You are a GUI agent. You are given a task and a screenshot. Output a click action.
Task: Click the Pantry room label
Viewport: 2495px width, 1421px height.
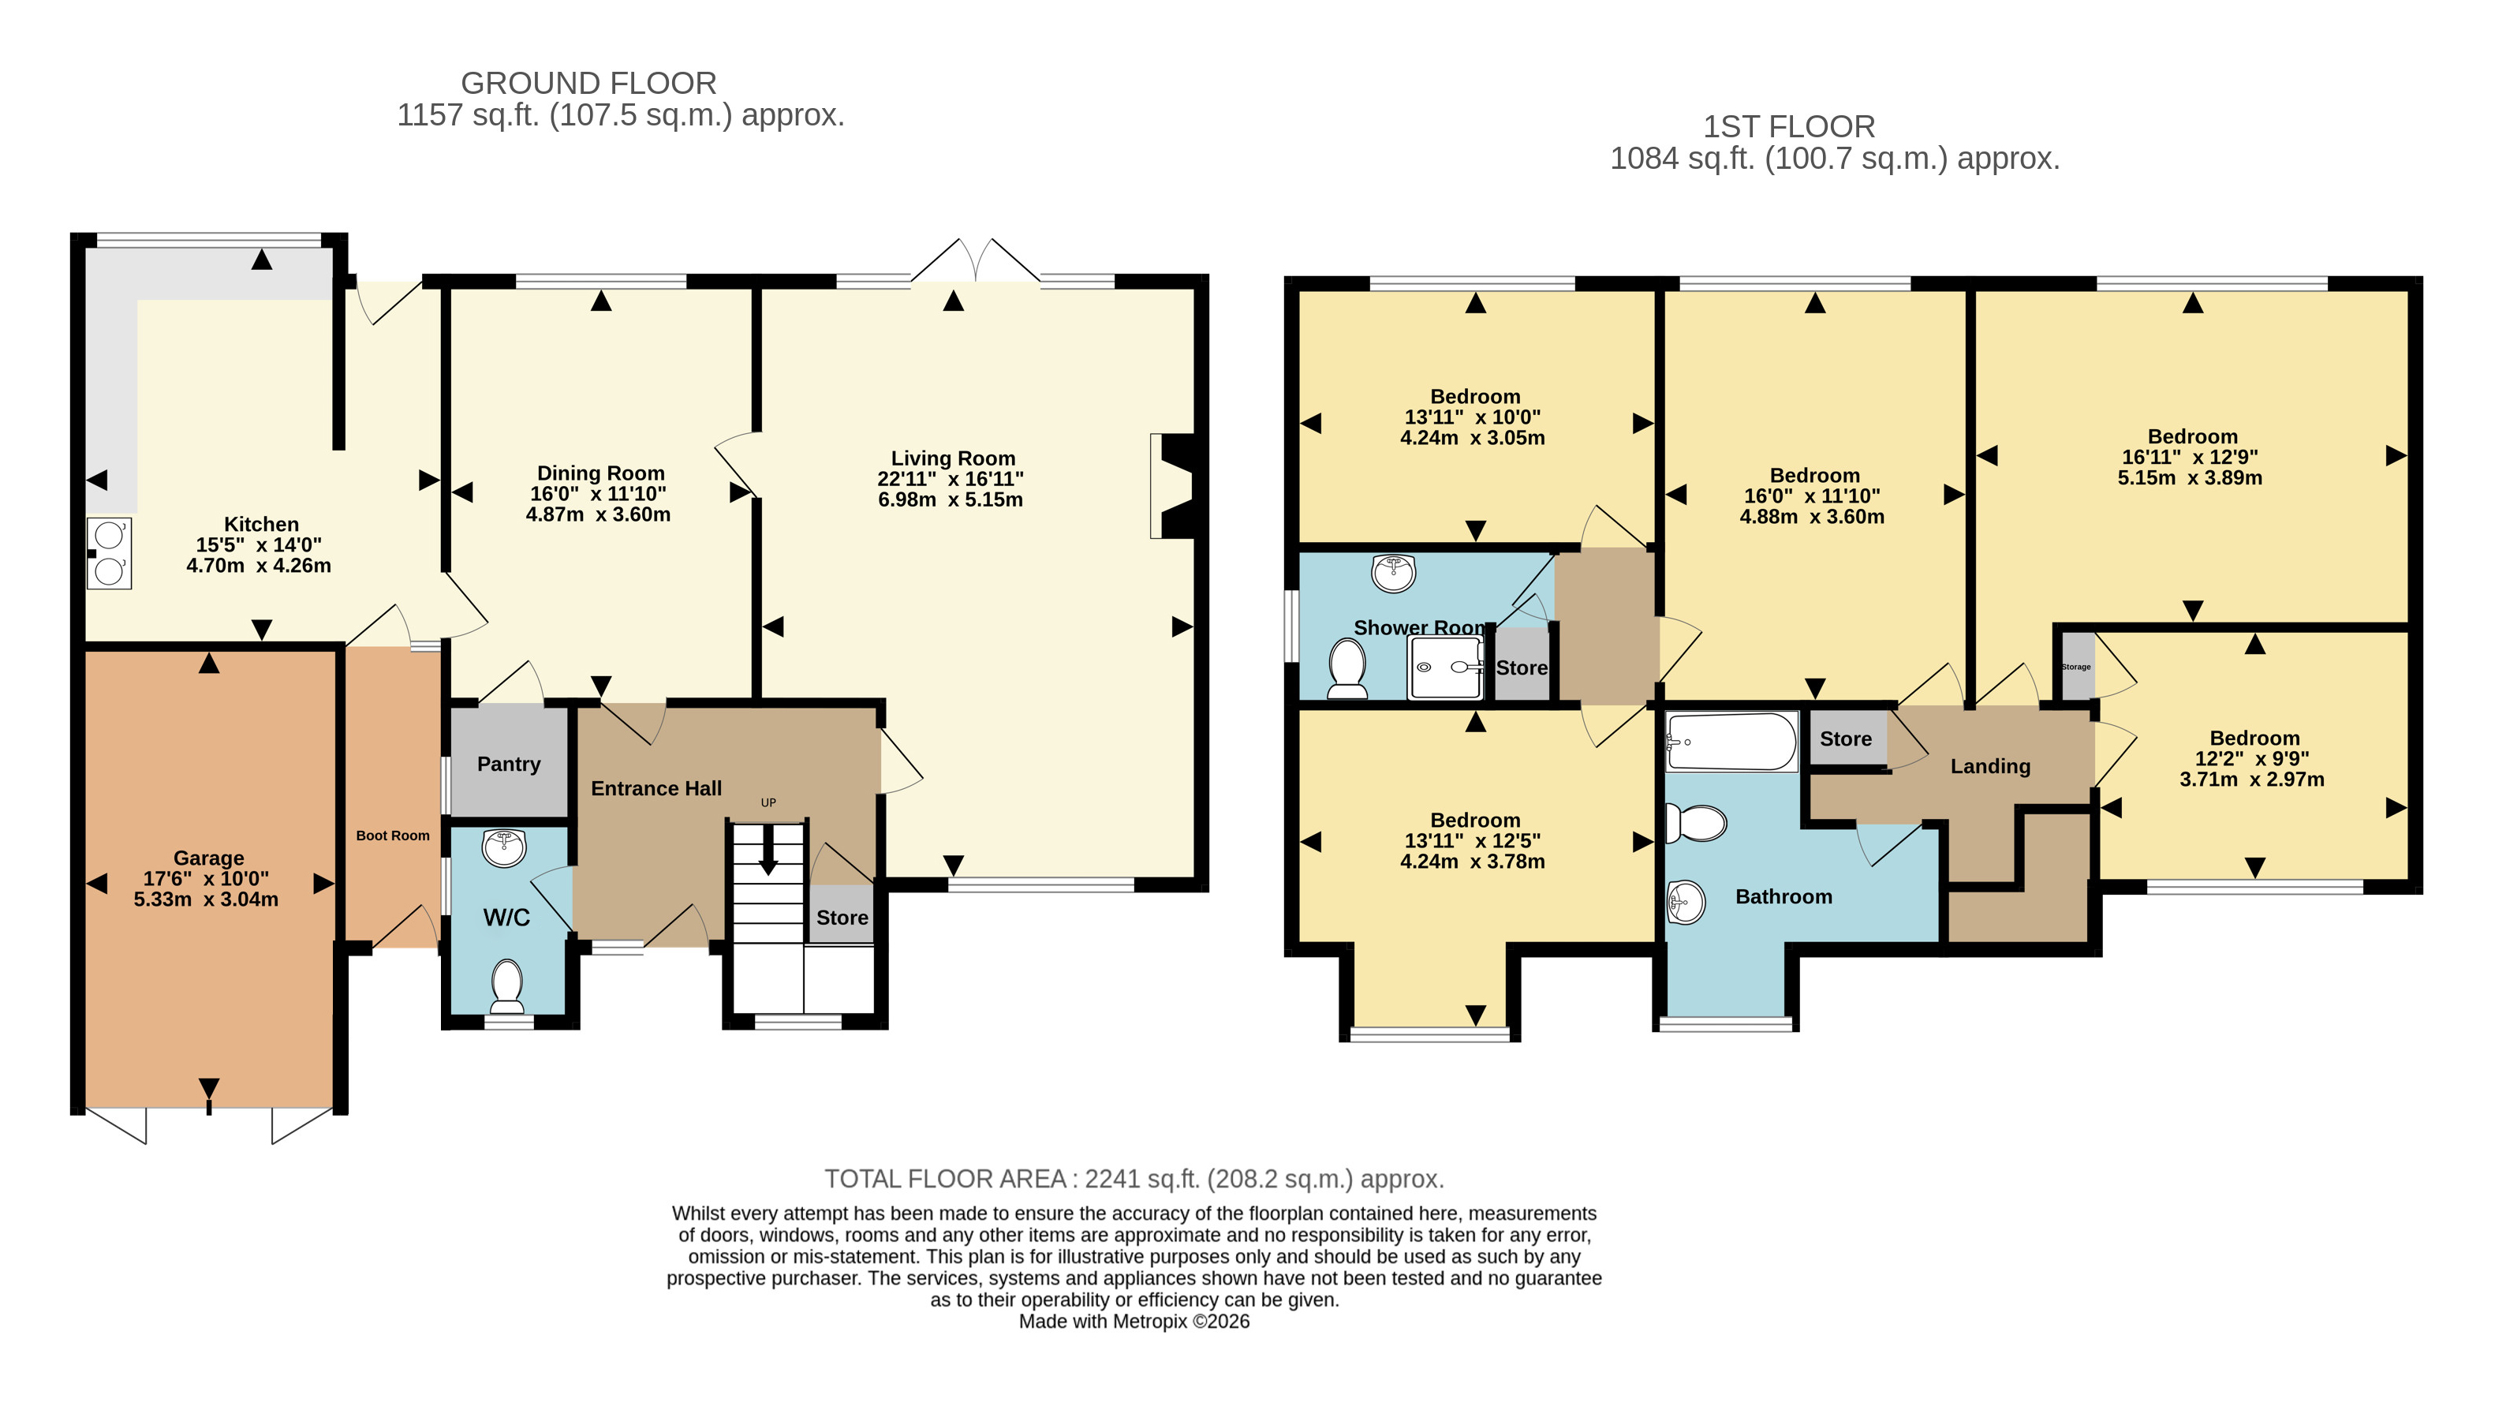point(508,765)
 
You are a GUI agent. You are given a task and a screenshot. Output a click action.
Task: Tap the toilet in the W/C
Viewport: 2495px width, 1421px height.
point(506,985)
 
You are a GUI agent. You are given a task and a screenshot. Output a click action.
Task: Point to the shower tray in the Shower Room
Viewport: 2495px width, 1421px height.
point(1445,667)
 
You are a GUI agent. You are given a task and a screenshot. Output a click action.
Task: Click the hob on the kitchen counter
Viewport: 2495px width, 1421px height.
point(110,553)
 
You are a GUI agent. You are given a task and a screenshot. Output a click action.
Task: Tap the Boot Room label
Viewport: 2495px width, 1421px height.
point(392,836)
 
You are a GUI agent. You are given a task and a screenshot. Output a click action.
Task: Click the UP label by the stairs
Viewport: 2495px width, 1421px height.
point(769,802)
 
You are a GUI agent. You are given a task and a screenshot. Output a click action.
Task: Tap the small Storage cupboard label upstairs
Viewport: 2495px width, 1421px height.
point(2076,667)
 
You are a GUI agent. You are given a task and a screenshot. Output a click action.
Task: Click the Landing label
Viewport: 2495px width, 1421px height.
point(1990,766)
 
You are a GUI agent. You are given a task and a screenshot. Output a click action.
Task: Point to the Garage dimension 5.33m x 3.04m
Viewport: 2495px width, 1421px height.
point(206,899)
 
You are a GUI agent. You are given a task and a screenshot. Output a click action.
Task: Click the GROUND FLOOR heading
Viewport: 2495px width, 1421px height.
point(588,83)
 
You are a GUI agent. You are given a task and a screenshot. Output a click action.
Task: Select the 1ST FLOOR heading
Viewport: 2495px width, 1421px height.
point(1788,126)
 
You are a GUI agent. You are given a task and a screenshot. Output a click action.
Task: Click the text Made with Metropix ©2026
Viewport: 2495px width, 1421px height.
point(1134,1322)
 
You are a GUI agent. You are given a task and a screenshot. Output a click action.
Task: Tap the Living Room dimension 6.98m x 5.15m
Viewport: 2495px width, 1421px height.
point(951,499)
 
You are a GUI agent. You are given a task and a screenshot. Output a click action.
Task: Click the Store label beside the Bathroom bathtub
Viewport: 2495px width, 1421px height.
point(1845,739)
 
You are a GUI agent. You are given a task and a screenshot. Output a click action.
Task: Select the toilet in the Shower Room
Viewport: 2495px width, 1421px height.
point(1347,668)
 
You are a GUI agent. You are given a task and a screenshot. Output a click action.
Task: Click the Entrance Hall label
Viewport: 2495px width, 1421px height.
point(655,788)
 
